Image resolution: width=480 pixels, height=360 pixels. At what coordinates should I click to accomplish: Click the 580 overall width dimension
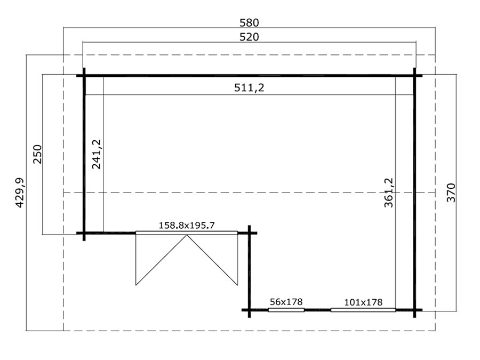pyautogui.click(x=249, y=22)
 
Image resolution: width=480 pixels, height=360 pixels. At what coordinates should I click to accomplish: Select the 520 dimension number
pyautogui.click(x=249, y=37)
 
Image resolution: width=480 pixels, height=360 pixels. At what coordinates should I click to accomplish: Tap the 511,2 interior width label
pyautogui.click(x=249, y=88)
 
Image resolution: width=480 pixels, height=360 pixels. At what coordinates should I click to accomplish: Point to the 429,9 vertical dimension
pyautogui.click(x=20, y=193)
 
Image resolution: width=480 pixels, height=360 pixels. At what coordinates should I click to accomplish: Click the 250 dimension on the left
pyautogui.click(x=37, y=154)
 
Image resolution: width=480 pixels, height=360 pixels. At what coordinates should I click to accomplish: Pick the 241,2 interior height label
pyautogui.click(x=97, y=154)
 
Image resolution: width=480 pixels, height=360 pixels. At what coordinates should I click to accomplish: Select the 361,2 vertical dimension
pyautogui.click(x=388, y=193)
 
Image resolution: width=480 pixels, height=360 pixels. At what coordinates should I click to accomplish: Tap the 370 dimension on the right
pyautogui.click(x=451, y=193)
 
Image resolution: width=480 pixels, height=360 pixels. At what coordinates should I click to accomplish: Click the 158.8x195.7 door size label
pyautogui.click(x=187, y=226)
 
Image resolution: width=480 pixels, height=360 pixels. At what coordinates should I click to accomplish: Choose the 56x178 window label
pyautogui.click(x=286, y=302)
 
